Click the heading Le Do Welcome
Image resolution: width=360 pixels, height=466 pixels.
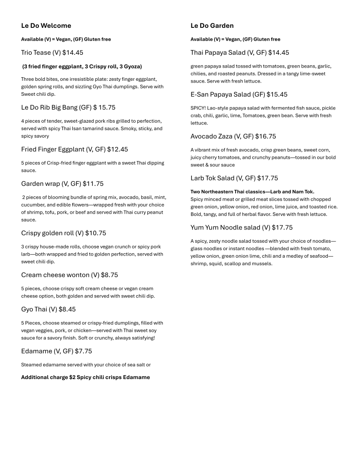click(x=46, y=26)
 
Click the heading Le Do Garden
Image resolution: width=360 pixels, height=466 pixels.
click(x=212, y=26)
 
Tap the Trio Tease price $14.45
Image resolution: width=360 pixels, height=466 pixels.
click(x=73, y=53)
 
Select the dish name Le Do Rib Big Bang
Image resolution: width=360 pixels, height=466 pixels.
click(x=50, y=107)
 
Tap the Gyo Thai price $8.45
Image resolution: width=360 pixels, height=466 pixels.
click(x=67, y=309)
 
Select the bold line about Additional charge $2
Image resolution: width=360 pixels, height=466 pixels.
click(x=86, y=377)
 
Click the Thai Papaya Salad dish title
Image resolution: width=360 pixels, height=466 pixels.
click(x=218, y=53)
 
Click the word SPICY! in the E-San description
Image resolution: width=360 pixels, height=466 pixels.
click(x=198, y=108)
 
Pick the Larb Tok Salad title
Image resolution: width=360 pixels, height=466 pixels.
click(x=213, y=178)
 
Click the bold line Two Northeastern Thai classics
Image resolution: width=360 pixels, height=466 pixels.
click(x=252, y=192)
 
